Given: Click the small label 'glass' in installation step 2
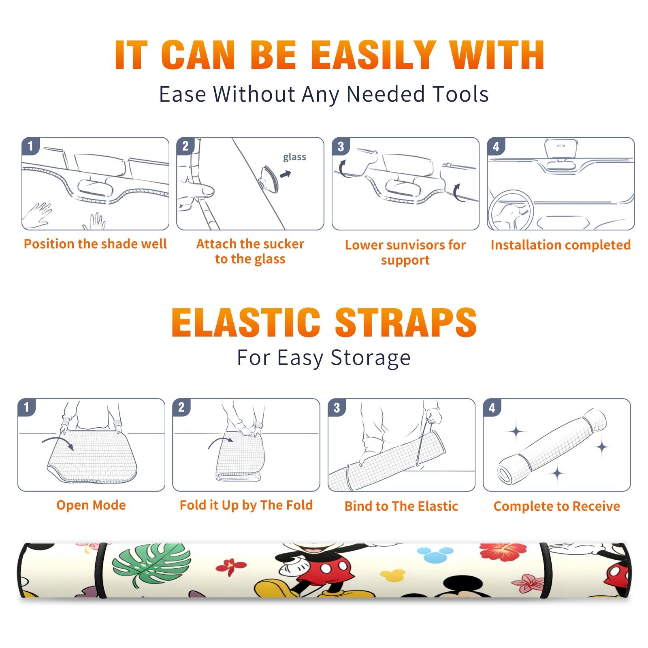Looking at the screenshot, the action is click(x=294, y=157).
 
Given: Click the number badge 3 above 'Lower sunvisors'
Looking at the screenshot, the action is click(x=341, y=146).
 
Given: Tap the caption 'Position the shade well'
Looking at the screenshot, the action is click(x=95, y=244).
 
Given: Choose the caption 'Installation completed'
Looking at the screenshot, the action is click(x=561, y=245).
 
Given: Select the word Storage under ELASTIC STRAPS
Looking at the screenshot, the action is click(x=371, y=358).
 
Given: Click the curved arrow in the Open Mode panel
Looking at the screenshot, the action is click(x=58, y=442).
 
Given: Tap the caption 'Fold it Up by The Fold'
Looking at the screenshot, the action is click(x=246, y=505).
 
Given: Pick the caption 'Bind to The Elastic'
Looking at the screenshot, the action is click(x=401, y=506).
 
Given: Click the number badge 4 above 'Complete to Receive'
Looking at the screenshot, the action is click(x=492, y=407).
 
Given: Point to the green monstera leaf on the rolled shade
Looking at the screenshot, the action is click(x=151, y=564).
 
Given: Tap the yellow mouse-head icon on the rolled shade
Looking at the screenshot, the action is click(x=392, y=575).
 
